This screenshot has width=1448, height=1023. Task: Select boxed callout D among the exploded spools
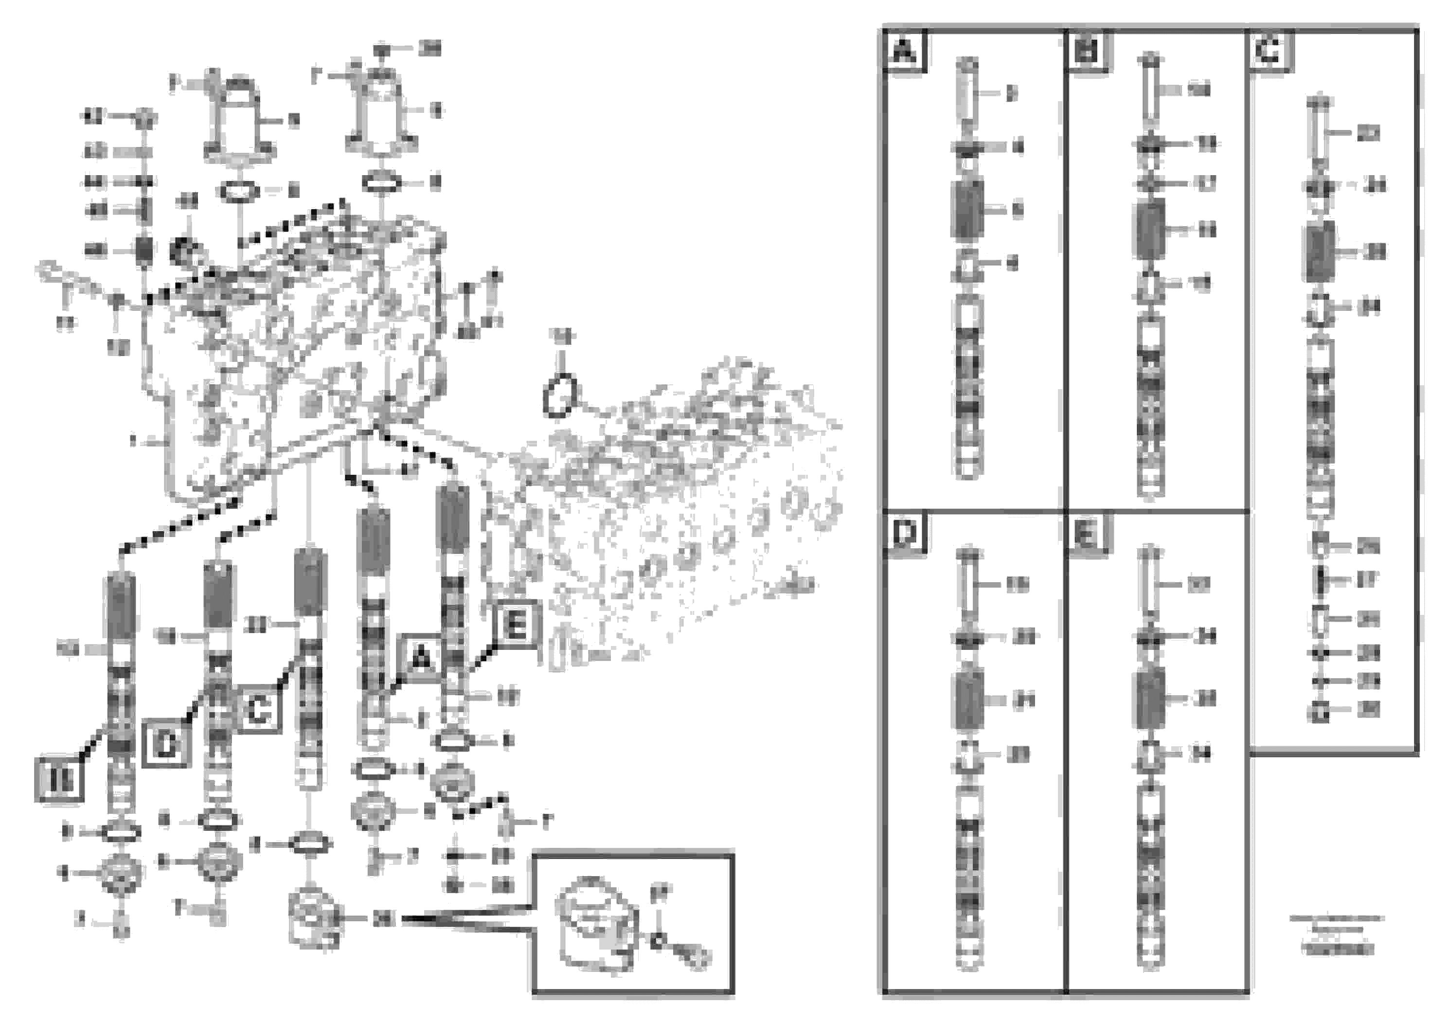[166, 744]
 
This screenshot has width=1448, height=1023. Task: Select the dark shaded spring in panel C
[1321, 251]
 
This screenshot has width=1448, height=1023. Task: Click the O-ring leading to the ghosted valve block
[559, 395]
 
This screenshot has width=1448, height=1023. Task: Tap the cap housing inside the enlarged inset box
[593, 927]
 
